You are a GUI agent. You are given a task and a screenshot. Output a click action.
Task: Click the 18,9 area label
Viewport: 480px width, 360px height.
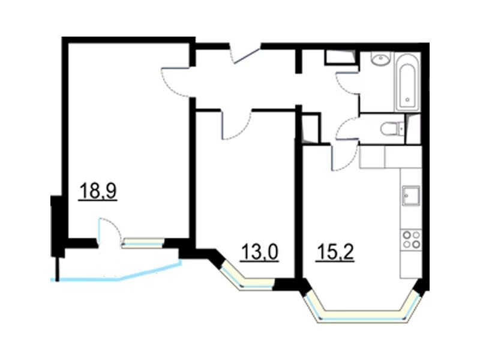click(98, 191)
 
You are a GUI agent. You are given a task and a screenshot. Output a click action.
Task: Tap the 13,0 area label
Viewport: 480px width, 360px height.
click(260, 252)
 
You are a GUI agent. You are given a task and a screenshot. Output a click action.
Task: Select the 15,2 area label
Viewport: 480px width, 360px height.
click(335, 252)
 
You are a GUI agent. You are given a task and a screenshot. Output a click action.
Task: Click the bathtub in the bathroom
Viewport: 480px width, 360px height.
click(407, 83)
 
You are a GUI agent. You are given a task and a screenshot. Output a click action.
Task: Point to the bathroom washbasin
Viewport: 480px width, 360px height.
click(381, 58)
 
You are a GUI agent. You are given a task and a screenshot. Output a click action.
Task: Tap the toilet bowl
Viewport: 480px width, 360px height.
click(392, 129)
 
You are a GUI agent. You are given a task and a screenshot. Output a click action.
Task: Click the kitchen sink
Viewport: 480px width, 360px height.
click(411, 196)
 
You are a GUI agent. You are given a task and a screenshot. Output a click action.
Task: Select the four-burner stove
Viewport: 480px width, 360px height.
click(411, 239)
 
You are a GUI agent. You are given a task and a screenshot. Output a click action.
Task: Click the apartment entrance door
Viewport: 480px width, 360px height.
click(245, 55)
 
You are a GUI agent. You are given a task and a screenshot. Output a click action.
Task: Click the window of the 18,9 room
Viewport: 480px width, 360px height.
click(143, 243)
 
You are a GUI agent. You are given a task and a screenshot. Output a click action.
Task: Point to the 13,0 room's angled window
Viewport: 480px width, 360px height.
click(245, 278)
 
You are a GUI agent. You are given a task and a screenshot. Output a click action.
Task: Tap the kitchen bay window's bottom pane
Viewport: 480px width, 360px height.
click(363, 316)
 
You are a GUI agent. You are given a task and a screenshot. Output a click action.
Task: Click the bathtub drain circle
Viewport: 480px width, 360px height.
click(407, 100)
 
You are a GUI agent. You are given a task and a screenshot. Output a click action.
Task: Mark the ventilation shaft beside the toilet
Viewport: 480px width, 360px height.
click(413, 129)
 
